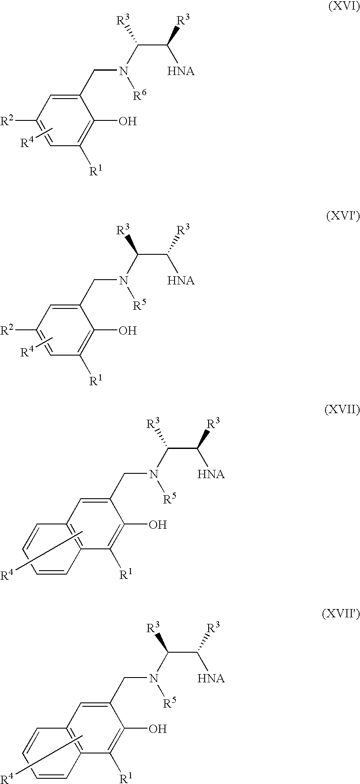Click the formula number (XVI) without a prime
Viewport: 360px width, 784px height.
pos(344,8)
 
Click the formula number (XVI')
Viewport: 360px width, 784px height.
pos(343,217)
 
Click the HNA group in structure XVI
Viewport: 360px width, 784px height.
pos(181,71)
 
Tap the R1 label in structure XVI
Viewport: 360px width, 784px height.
pos(96,171)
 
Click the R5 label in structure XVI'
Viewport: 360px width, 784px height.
pos(140,304)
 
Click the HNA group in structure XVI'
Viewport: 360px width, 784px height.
pos(181,281)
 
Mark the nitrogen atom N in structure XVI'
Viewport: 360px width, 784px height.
pos(125,280)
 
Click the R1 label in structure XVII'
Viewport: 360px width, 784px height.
pos(127,778)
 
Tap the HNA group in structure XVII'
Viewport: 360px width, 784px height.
pos(211,678)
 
